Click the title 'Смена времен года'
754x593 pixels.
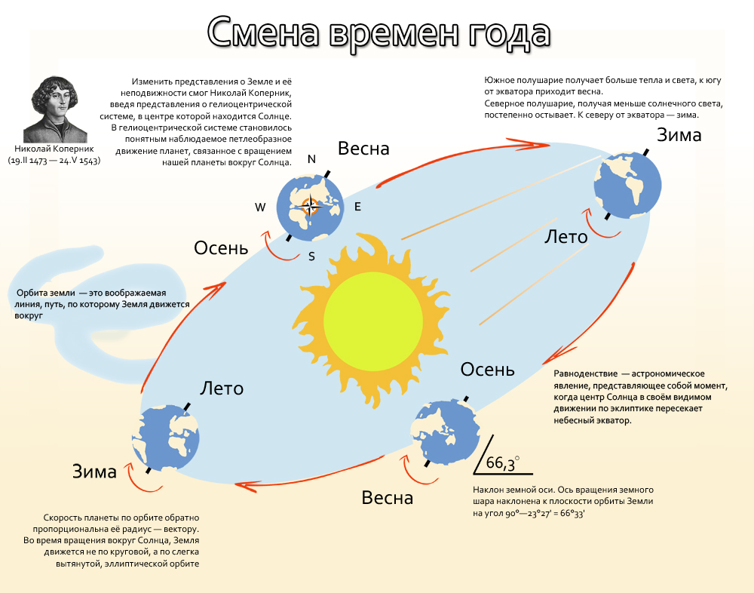(x=379, y=33)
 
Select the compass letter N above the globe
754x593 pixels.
(x=311, y=159)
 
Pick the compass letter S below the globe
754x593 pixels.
(x=311, y=256)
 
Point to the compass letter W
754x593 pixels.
(x=260, y=207)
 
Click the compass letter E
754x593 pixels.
(x=357, y=207)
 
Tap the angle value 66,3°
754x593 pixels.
(x=503, y=463)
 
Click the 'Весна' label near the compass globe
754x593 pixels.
(x=363, y=149)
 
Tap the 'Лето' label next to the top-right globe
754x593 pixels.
(x=565, y=237)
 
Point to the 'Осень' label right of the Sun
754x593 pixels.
(x=488, y=370)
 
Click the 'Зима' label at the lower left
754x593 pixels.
(x=94, y=472)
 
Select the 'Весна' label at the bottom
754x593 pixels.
(x=388, y=498)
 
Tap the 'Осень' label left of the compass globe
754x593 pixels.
(x=221, y=247)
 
